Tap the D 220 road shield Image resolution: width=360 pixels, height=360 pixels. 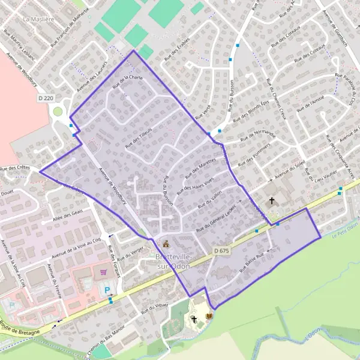[x=46, y=98]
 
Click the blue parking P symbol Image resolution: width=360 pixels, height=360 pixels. [x=108, y=290]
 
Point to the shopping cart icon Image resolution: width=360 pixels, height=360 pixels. [x=103, y=271]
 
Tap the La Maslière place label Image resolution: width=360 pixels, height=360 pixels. [x=35, y=19]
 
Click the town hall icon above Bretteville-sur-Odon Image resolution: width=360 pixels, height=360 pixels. [x=166, y=244]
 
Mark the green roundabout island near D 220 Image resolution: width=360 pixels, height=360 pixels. [x=58, y=111]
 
